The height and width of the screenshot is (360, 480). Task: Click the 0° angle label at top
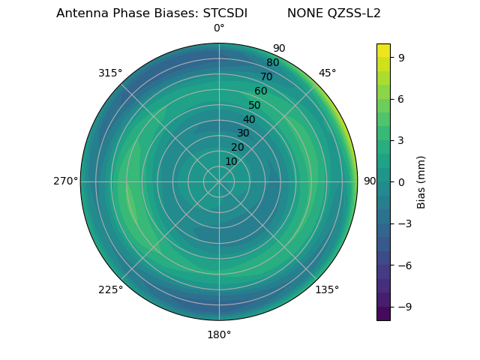[219, 28]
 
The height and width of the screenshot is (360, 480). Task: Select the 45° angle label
[327, 73]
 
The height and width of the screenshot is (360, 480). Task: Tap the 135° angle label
[327, 289]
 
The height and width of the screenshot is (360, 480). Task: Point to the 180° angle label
[219, 334]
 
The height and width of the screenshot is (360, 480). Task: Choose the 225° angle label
[110, 290]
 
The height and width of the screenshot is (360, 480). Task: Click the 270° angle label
[65, 181]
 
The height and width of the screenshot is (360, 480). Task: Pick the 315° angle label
[110, 73]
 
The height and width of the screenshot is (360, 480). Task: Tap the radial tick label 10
[231, 161]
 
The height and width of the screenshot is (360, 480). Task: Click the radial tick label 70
[266, 77]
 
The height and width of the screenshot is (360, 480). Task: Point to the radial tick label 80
[272, 63]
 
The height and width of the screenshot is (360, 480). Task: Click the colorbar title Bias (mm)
[421, 181]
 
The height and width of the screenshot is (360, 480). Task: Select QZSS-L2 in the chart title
[354, 13]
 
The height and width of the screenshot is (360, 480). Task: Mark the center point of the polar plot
[219, 181]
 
